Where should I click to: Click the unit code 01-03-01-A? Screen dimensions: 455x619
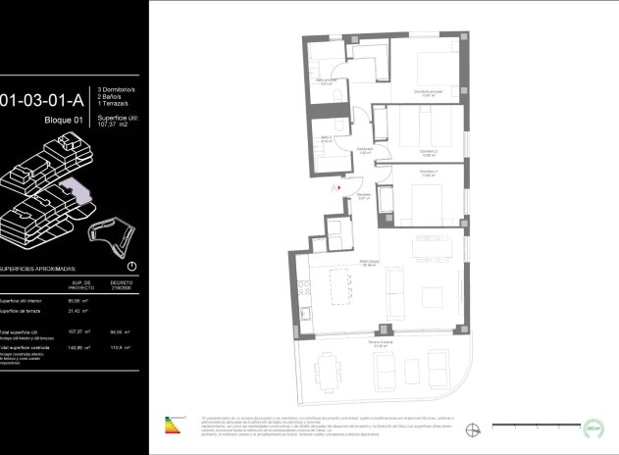coord(44,99)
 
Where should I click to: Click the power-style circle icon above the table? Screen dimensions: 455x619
coord(132,266)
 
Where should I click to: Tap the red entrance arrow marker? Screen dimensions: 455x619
coord(336,183)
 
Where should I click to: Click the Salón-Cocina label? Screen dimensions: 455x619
coord(369,263)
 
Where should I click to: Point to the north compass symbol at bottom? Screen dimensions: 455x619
coord(474,427)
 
